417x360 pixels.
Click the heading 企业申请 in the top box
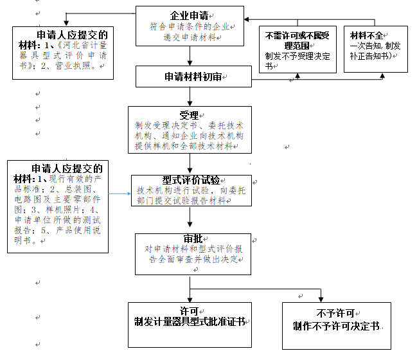point(188,15)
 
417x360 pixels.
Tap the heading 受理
point(189,115)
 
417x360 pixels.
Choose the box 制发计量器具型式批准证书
point(190,321)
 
